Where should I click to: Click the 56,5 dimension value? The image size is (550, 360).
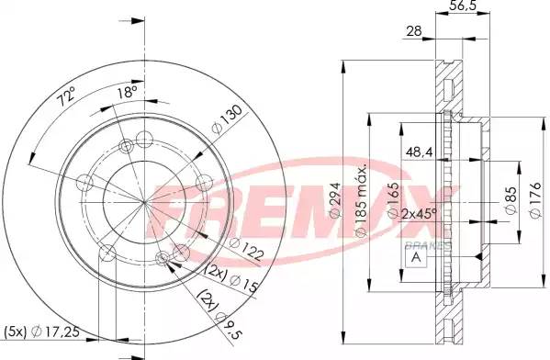(462, 5)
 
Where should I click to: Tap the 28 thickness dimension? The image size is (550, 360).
(414, 31)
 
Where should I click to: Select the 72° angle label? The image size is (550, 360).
(66, 96)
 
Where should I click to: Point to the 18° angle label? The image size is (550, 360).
(127, 93)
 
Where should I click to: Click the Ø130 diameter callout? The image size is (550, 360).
(227, 119)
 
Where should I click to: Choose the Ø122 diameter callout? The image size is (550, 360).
(246, 249)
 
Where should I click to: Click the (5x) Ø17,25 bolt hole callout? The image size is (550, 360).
(41, 331)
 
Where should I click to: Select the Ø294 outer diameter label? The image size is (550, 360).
(335, 200)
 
